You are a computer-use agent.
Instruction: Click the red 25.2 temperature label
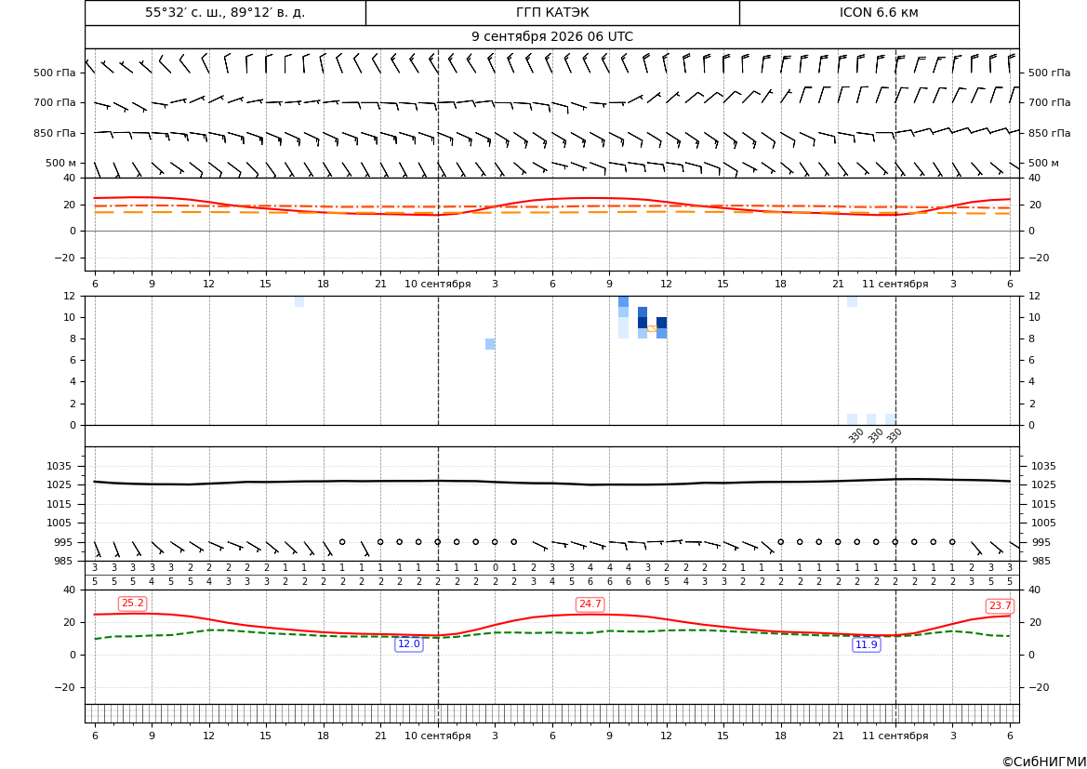point(132,603)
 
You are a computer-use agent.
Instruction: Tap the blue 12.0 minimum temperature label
point(408,644)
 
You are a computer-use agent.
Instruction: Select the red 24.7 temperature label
point(590,604)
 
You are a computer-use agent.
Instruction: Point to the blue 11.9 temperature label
point(866,645)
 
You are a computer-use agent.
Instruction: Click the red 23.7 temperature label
point(1000,606)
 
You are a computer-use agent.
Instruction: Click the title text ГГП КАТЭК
point(552,12)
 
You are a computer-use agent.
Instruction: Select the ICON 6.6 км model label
point(879,12)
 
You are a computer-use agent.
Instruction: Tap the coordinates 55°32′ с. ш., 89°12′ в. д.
point(225,12)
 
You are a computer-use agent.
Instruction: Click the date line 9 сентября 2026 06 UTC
point(552,37)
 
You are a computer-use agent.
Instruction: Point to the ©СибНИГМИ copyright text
point(1044,762)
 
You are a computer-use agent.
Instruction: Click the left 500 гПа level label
point(55,73)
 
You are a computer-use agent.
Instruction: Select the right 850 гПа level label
point(1050,133)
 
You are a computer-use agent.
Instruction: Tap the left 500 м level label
point(61,164)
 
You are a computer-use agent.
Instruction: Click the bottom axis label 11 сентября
point(895,736)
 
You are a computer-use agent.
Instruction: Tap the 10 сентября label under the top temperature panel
point(437,285)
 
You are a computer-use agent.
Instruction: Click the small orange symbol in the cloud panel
point(652,328)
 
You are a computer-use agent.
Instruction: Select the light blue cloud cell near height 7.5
point(490,344)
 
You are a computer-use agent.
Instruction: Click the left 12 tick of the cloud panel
point(70,296)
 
